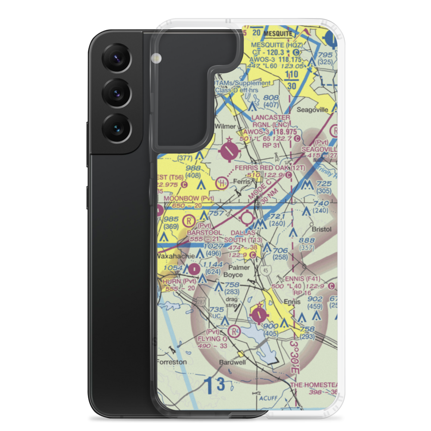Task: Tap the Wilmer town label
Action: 225,127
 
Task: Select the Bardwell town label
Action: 232,362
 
